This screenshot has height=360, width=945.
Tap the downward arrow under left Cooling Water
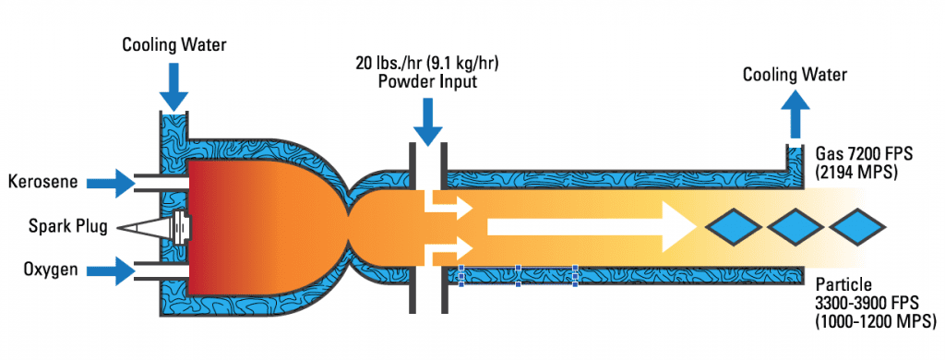point(173,89)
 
